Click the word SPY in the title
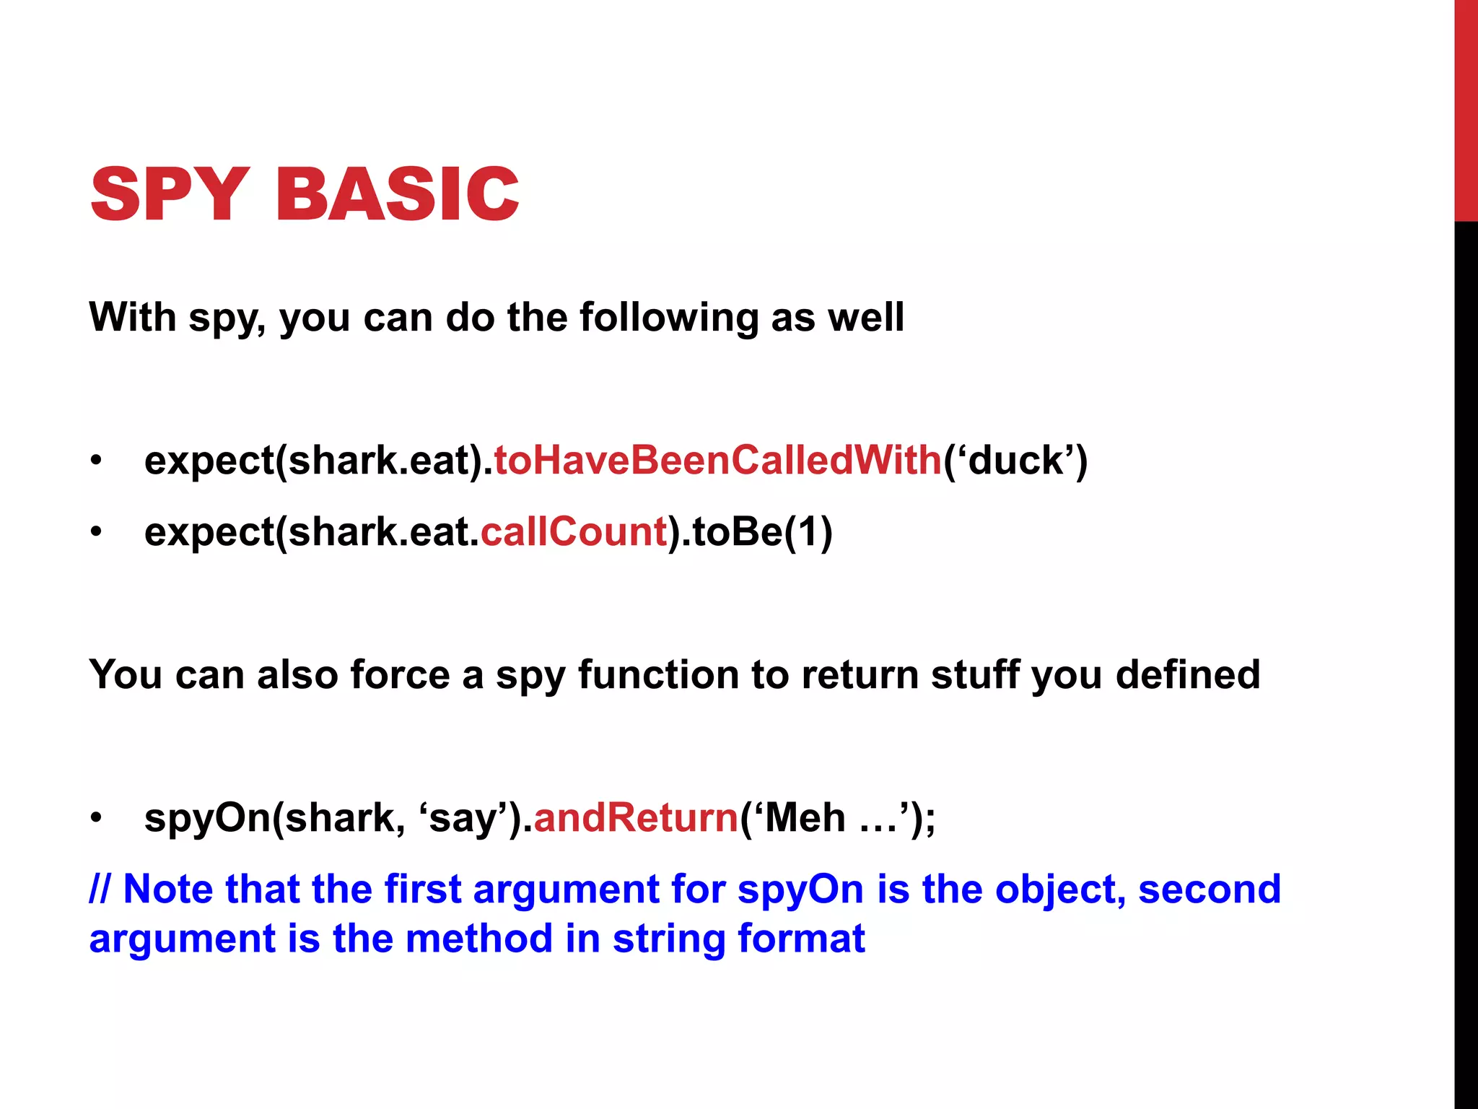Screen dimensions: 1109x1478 point(170,193)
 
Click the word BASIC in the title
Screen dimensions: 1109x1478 point(397,193)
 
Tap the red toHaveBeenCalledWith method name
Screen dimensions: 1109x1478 point(718,460)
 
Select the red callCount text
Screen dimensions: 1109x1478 point(574,531)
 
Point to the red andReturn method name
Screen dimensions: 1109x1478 point(636,817)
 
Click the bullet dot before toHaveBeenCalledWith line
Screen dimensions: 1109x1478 point(96,461)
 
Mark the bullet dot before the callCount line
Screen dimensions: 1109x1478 point(96,533)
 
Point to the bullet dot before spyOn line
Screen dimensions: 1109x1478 point(96,819)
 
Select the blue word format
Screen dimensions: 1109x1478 point(801,939)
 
